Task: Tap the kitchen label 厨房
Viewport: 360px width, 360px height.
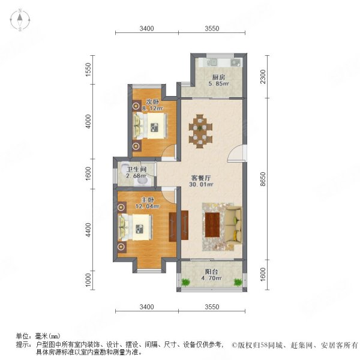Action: coord(218,77)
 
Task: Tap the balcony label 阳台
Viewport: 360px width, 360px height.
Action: coord(210,272)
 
